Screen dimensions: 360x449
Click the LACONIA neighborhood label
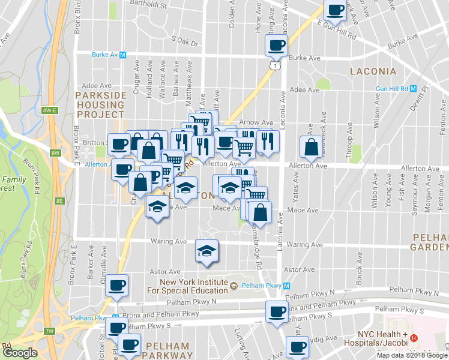coord(373,71)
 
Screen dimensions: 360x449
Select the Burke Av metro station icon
coord(122,55)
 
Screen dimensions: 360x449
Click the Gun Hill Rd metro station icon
coord(412,88)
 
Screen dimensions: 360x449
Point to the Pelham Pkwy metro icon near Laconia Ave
coord(287,286)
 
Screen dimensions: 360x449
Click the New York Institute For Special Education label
coord(193,286)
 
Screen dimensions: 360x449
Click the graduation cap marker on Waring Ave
coord(206,250)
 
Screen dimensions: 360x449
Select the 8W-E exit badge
coord(49,110)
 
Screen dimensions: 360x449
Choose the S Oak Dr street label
coord(184,40)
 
